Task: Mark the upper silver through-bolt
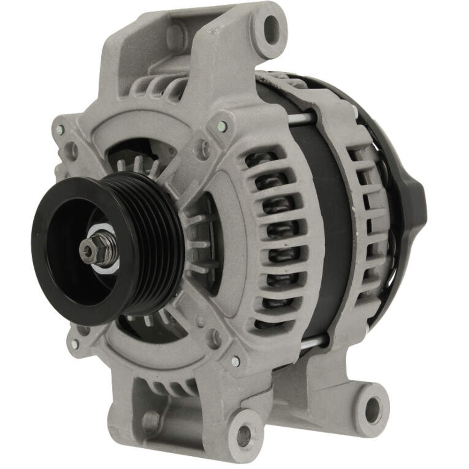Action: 300,119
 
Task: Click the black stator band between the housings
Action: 328,225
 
